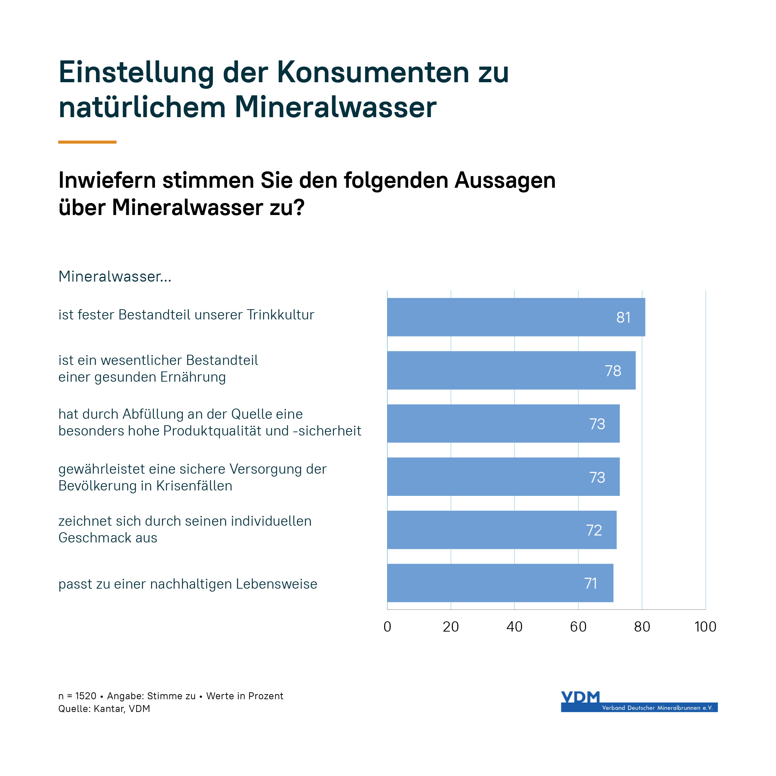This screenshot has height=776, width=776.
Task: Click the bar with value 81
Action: [x=516, y=317]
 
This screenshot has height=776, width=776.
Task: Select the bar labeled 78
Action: [x=511, y=370]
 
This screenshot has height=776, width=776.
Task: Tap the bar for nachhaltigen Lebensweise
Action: [x=500, y=583]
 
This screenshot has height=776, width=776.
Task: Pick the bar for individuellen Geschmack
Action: [x=501, y=530]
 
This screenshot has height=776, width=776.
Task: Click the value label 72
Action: [x=594, y=530]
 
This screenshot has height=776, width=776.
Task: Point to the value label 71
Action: [x=590, y=583]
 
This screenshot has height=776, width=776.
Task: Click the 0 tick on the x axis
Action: [x=387, y=626]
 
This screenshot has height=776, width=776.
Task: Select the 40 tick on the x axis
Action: [x=514, y=626]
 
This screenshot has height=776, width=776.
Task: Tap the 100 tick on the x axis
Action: [x=705, y=626]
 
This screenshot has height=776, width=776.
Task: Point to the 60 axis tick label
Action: [x=578, y=626]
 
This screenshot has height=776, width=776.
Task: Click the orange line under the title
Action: [x=87, y=142]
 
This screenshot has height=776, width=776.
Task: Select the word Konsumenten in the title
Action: [x=373, y=73]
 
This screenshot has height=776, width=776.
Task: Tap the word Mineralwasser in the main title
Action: [x=335, y=108]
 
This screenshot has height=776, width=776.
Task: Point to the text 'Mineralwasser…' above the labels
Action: [x=115, y=276]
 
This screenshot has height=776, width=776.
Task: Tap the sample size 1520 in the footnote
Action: [x=85, y=696]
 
